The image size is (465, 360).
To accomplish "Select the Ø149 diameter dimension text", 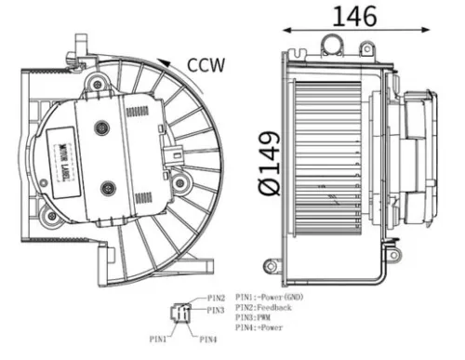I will [x=270, y=162].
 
